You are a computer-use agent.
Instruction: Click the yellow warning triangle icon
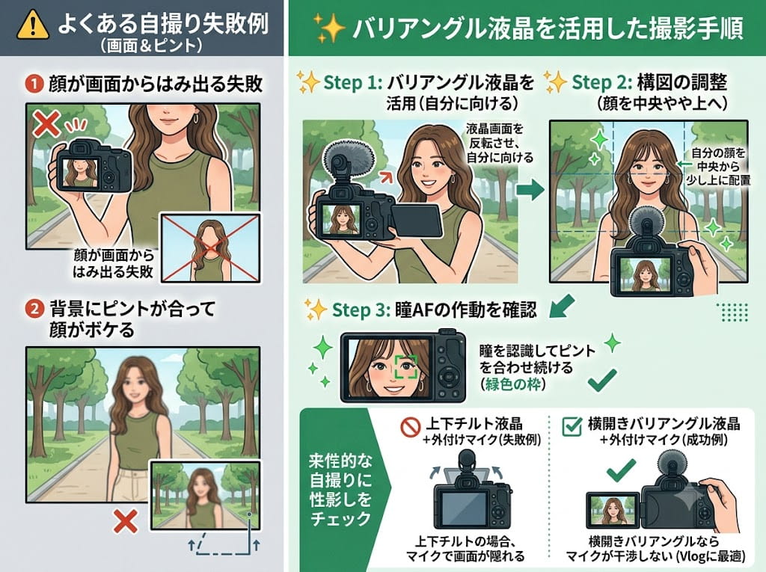point(33,25)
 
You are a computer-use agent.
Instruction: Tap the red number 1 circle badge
point(34,84)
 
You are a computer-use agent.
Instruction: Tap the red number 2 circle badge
point(34,310)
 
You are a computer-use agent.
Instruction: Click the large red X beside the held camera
point(46,124)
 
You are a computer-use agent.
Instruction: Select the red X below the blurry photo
point(125,521)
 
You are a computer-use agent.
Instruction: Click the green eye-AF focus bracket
point(406,367)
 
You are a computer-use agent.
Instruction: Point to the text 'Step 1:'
point(353,82)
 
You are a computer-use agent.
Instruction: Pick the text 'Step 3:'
point(361,310)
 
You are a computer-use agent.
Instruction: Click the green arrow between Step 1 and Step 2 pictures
point(530,189)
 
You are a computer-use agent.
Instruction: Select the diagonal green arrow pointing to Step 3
point(562,306)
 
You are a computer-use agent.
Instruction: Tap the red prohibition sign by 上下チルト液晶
point(411,427)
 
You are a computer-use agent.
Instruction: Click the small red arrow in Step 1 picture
point(387,176)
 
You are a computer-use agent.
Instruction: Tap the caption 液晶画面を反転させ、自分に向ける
point(499,144)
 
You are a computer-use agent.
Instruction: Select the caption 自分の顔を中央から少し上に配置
point(718,167)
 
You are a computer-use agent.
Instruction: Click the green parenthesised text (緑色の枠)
point(512,384)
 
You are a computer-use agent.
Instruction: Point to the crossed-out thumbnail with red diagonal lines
point(210,248)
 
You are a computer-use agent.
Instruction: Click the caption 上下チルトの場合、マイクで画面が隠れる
point(465,549)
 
